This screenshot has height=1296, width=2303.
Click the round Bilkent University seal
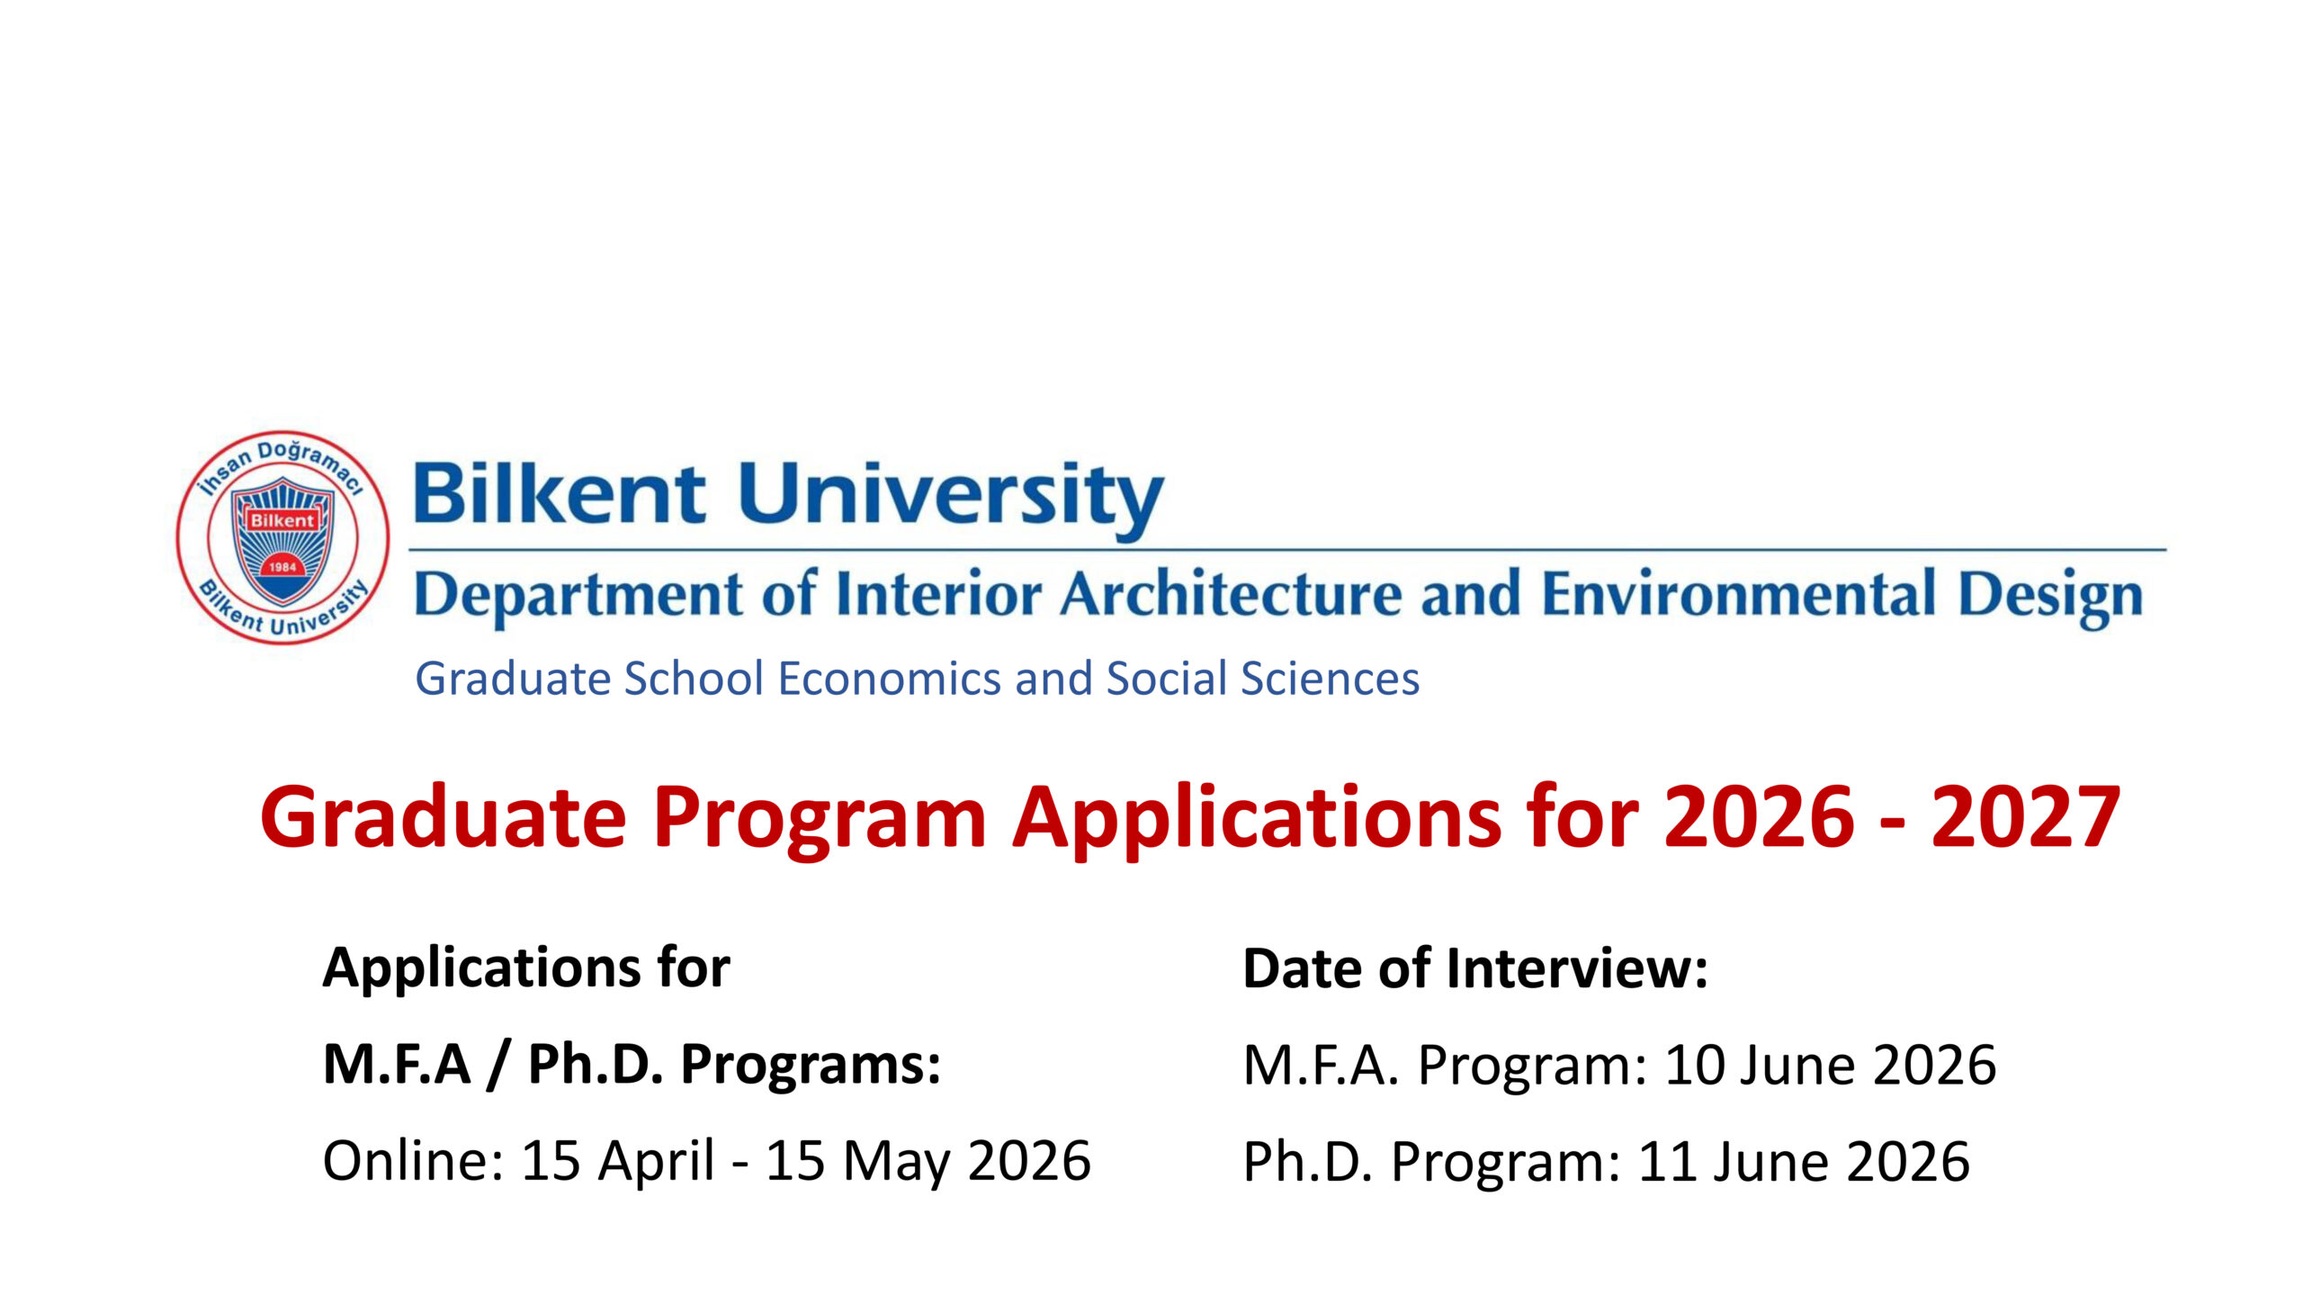(282, 537)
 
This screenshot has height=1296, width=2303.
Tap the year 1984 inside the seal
(282, 567)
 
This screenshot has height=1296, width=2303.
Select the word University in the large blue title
(951, 497)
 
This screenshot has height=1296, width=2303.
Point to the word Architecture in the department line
(1230, 595)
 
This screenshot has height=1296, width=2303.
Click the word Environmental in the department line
(1739, 595)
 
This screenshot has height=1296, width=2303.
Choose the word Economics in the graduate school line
(889, 679)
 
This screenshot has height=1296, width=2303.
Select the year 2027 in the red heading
(2026, 816)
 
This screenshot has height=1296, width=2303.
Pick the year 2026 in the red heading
(1759, 816)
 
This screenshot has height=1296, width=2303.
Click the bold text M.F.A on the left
(397, 1064)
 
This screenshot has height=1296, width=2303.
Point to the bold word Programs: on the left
(811, 1066)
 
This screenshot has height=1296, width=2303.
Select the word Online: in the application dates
(413, 1160)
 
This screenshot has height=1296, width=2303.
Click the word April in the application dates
(657, 1162)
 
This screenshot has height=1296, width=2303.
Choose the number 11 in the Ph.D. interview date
(1667, 1162)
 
